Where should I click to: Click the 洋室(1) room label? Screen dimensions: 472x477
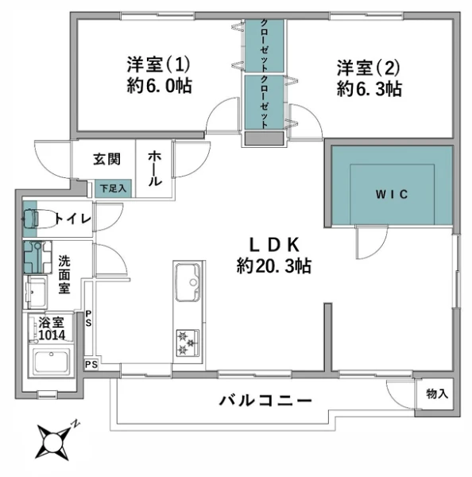[x=159, y=64]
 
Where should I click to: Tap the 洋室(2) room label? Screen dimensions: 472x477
[x=368, y=68]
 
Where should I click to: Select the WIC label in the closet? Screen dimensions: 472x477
[x=392, y=195]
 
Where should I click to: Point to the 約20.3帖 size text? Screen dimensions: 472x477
[x=273, y=266]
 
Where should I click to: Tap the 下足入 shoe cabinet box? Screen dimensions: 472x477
[x=113, y=188]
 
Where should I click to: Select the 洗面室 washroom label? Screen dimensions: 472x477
[x=64, y=274]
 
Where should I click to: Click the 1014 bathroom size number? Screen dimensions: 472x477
[x=52, y=335]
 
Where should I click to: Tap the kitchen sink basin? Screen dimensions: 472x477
[x=188, y=282]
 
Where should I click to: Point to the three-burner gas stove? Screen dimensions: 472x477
[x=188, y=343]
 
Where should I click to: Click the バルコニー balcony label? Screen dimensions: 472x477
[x=265, y=401]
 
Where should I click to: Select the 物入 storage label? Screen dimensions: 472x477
[x=437, y=394]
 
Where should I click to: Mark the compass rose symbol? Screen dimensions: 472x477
[x=54, y=440]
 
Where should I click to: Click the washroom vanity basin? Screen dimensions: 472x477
[x=36, y=292]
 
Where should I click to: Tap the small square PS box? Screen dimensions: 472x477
[x=91, y=364]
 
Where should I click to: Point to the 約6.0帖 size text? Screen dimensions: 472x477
[x=159, y=86]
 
